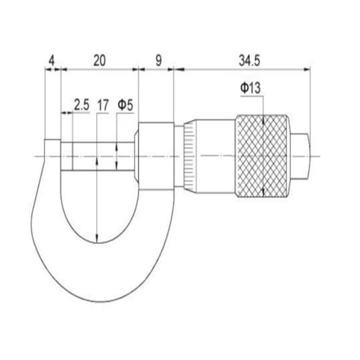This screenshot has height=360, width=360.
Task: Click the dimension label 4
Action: (51, 60)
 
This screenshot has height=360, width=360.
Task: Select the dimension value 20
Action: (99, 60)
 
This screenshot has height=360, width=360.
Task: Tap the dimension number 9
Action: (158, 60)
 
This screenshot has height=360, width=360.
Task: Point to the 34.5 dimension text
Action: (249, 60)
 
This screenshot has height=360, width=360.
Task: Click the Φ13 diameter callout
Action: (251, 88)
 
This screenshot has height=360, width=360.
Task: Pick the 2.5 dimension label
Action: (81, 105)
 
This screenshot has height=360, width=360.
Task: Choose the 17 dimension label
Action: (103, 105)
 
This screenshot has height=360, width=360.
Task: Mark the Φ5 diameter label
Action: (125, 105)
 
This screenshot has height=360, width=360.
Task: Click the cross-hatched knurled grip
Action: (262, 156)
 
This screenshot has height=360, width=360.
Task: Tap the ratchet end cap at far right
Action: (300, 156)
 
